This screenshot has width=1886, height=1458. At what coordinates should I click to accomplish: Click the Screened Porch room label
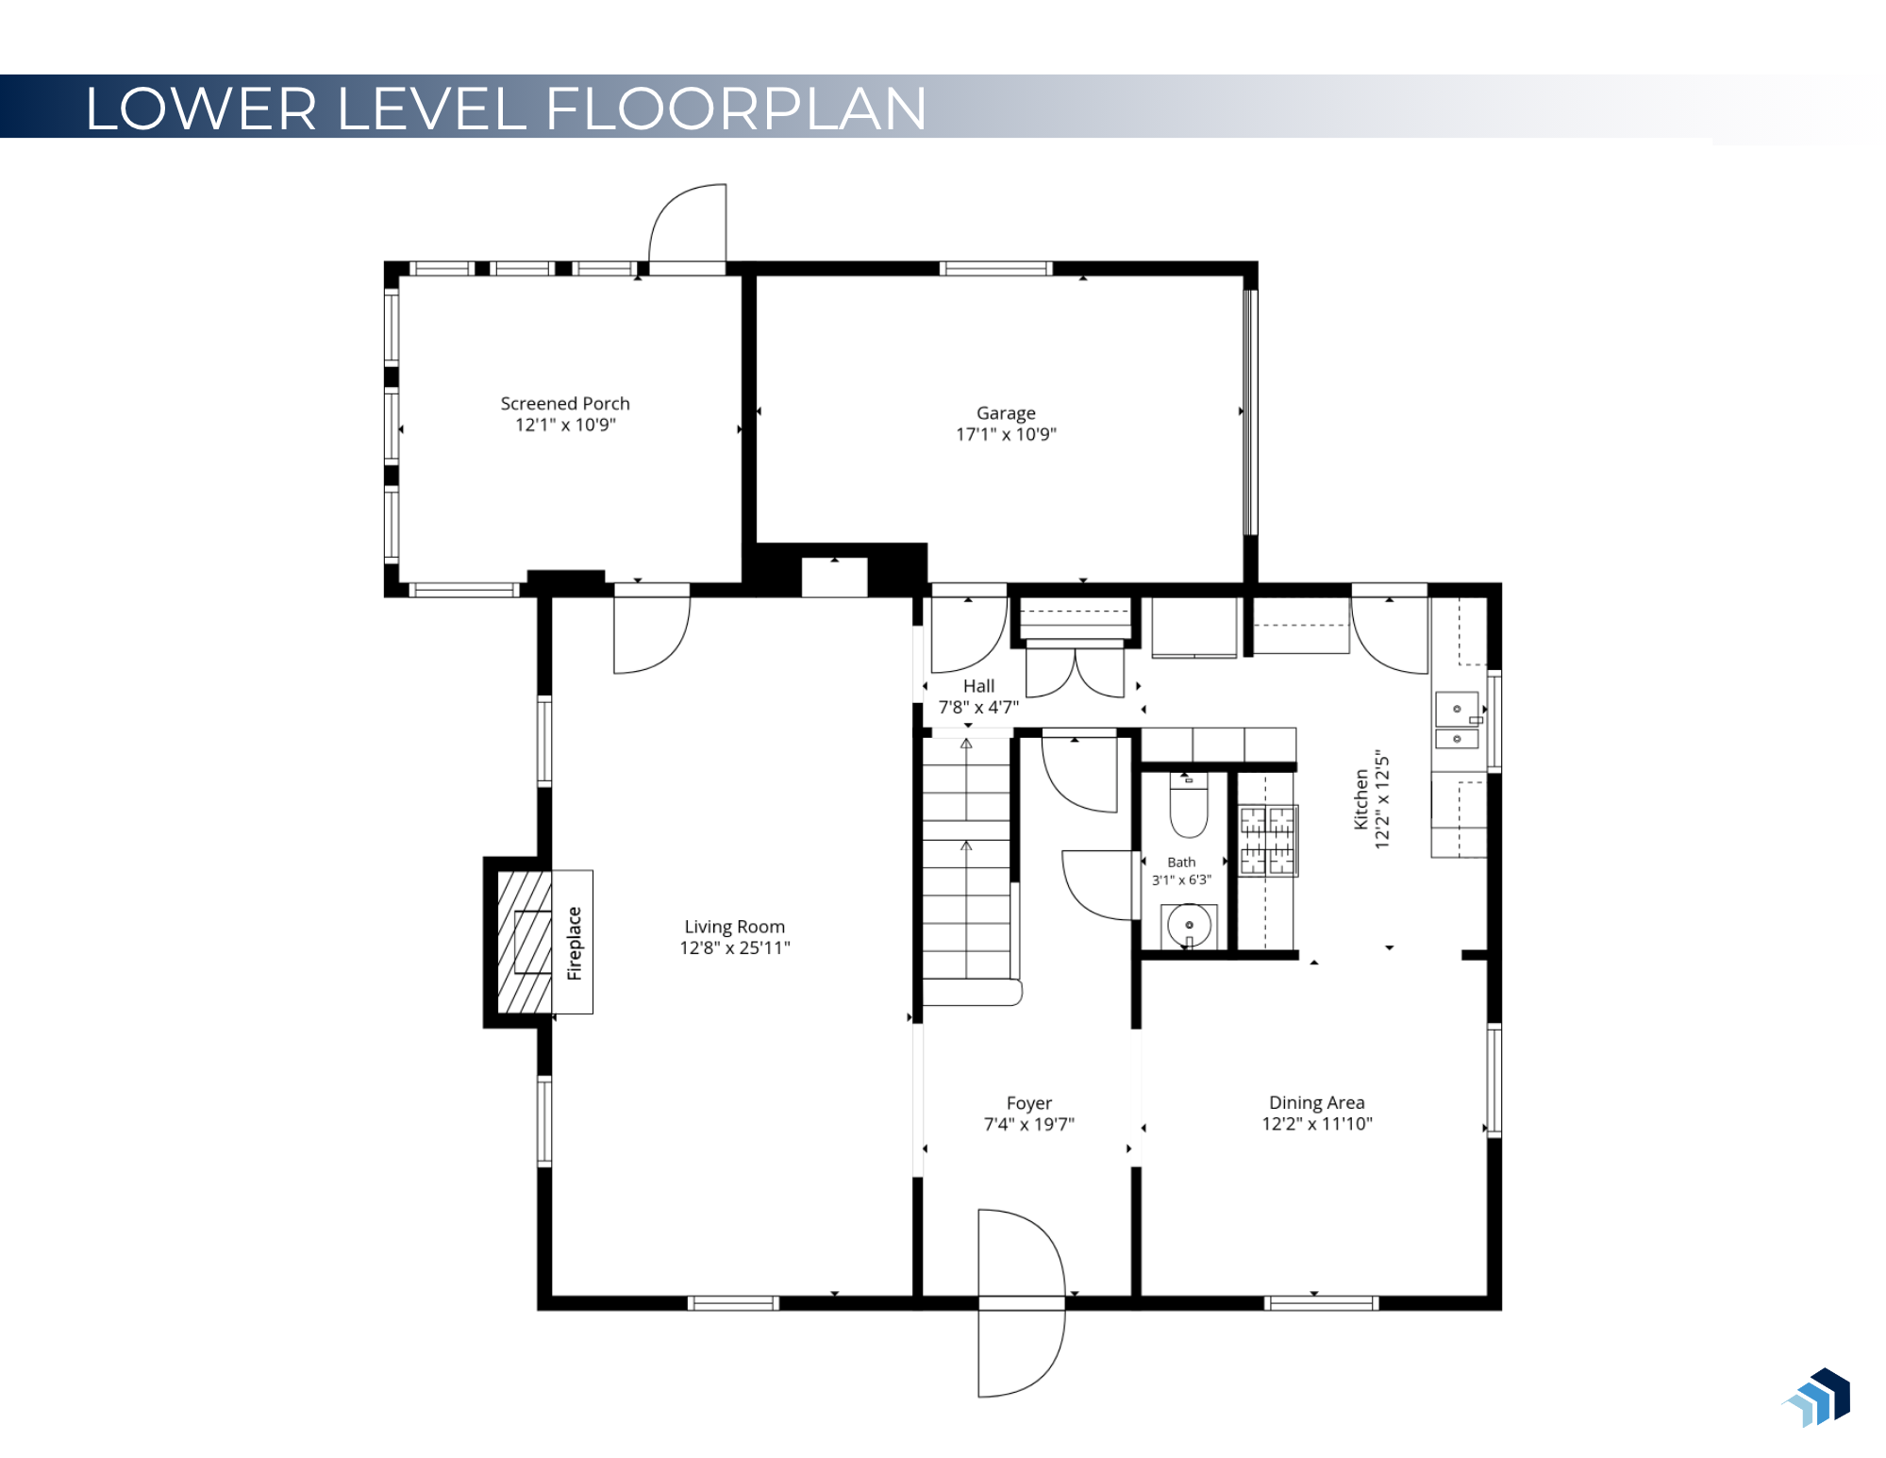(x=564, y=403)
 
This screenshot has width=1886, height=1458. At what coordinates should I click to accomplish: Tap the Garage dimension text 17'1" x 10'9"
(x=1006, y=434)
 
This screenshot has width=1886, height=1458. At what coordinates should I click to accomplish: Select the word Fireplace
(x=574, y=943)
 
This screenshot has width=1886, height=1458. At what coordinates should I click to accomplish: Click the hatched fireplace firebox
(x=525, y=942)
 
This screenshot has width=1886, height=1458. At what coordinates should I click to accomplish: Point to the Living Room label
(x=734, y=927)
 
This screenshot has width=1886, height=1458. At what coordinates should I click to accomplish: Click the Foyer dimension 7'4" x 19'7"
(x=1028, y=1124)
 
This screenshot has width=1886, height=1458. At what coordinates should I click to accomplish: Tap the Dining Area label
(x=1316, y=1102)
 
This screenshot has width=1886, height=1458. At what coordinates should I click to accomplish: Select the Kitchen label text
(x=1360, y=799)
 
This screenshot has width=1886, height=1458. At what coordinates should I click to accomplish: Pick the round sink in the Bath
(x=1189, y=925)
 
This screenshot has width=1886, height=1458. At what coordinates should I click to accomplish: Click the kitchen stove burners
(x=1267, y=840)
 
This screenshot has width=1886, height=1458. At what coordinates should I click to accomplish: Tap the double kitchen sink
(x=1457, y=721)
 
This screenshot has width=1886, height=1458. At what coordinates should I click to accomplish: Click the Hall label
(x=978, y=686)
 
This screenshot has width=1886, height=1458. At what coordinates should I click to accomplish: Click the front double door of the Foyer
(x=1022, y=1303)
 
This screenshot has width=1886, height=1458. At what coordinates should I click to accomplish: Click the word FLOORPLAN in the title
(x=736, y=108)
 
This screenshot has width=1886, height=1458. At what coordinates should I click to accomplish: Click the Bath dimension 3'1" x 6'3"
(x=1181, y=880)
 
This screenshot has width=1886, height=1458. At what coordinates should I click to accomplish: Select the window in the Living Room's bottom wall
(x=733, y=1303)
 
